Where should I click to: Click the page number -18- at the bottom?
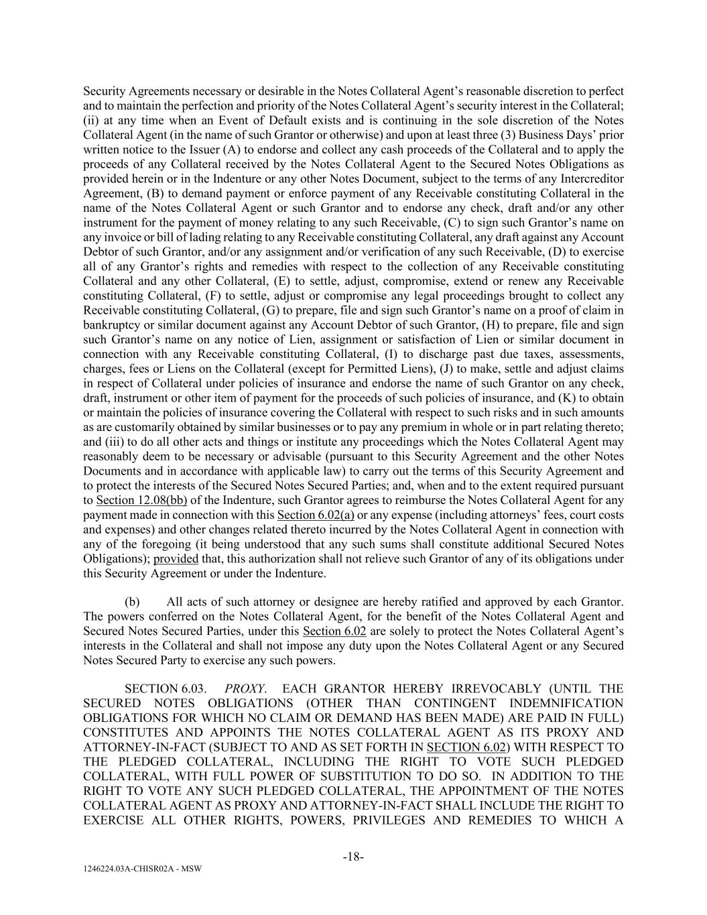tap(353, 856)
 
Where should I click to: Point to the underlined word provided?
tap(176, 558)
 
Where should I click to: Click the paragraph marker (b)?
tap(133, 602)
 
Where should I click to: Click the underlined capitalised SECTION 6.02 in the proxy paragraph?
tap(465, 747)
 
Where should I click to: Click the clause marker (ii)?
tap(90, 120)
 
